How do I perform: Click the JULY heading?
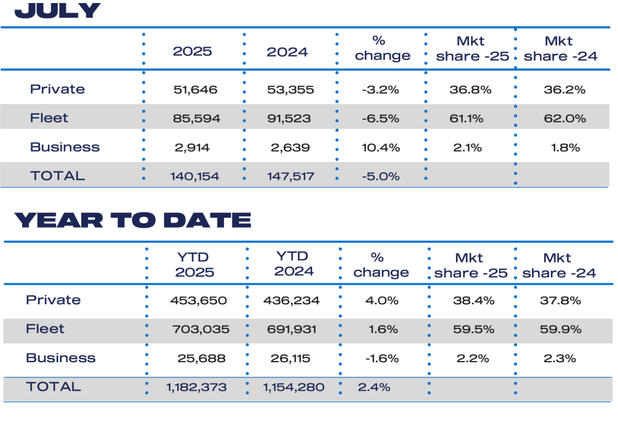point(57,10)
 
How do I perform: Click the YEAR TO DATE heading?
point(132,220)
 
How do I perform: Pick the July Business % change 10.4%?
point(382,147)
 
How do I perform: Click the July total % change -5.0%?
point(382,176)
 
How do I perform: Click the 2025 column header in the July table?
point(193,51)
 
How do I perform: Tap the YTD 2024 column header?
point(294,264)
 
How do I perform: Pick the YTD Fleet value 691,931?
point(291,330)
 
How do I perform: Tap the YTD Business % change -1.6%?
point(382,359)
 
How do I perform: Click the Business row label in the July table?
point(65,147)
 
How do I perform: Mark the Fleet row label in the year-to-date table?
point(45,329)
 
